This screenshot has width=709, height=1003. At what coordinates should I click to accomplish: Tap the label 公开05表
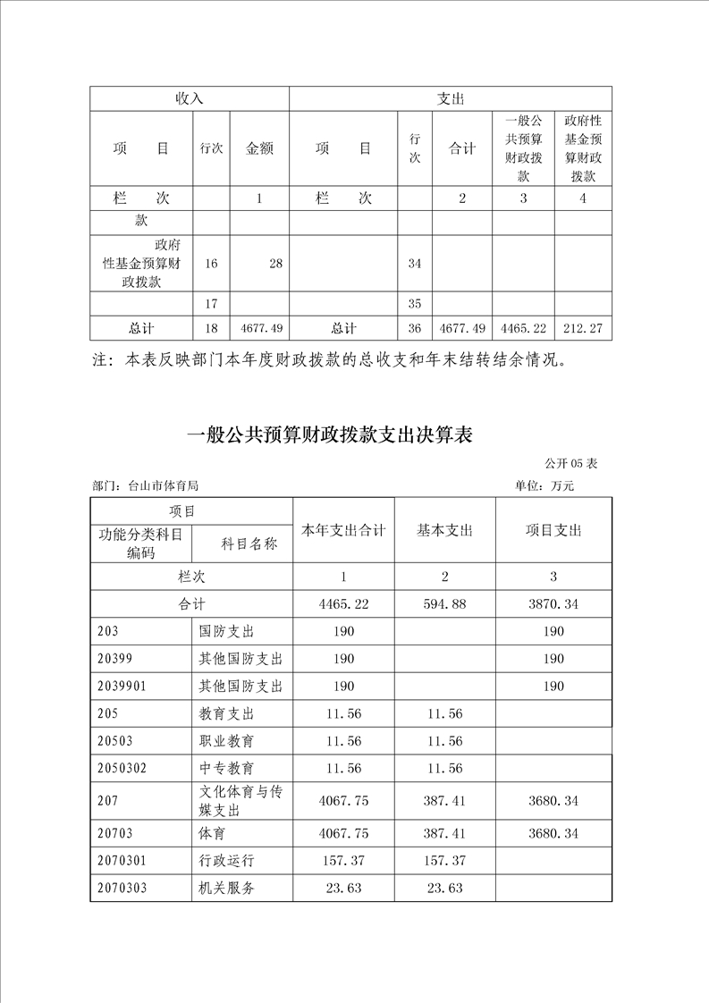pos(570,464)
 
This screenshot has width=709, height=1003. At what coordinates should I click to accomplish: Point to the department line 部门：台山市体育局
pos(145,485)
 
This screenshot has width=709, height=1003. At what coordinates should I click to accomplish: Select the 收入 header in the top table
pos(189,98)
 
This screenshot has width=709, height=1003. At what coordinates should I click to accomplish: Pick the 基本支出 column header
pos(444,530)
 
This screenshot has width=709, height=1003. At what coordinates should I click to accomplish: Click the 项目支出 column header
pos(553,530)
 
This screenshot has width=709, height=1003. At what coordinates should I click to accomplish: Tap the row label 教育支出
pos(226,714)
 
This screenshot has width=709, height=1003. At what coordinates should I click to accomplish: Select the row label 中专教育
pos(226,768)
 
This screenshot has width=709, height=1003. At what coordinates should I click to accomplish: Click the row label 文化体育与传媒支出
pos(241,801)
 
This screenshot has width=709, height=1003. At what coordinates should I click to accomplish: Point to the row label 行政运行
pos(226,861)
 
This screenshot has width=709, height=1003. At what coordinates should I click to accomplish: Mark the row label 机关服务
pos(226,889)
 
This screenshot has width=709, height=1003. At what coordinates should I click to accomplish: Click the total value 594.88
pos(444,604)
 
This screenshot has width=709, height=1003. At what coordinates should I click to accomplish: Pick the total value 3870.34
pos(553,604)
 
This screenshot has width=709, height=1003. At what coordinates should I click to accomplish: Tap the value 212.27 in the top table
pos(583,329)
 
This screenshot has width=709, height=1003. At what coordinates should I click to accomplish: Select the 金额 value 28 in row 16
pos(275,263)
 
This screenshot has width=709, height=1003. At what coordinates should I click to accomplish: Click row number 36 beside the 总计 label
pos(414,329)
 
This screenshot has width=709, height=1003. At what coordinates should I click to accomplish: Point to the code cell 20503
pos(116,741)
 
